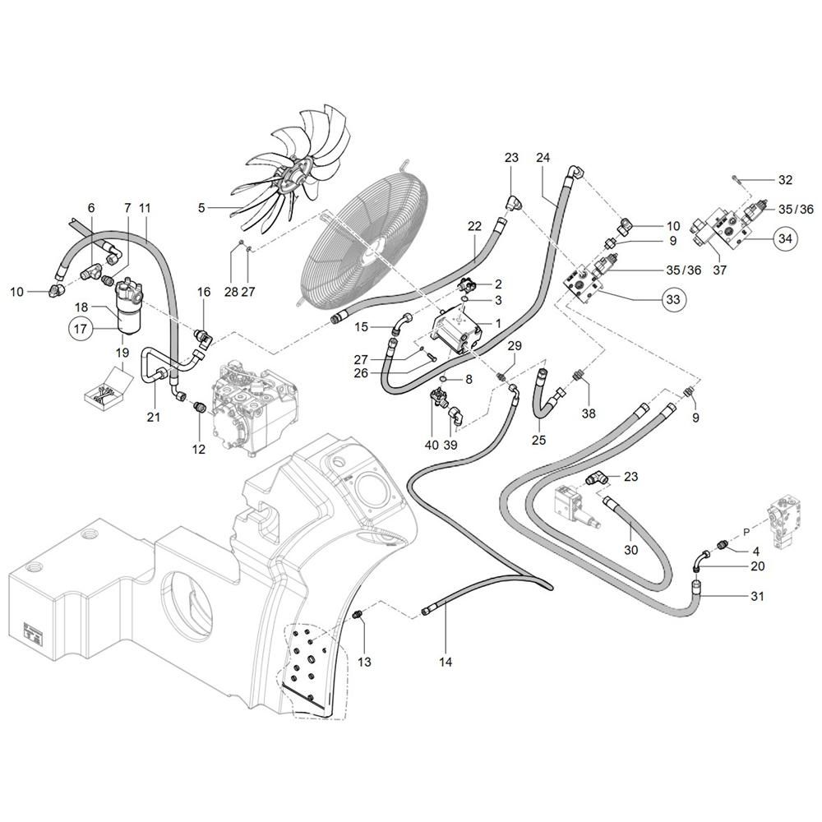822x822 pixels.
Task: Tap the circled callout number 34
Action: click(785, 239)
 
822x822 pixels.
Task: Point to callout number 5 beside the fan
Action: click(201, 209)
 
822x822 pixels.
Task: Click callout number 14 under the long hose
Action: click(446, 661)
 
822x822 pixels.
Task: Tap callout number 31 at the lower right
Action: click(757, 596)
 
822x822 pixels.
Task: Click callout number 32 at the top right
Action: click(785, 180)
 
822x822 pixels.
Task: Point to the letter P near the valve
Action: click(746, 532)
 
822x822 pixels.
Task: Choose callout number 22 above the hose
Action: click(474, 226)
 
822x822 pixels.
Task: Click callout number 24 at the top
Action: click(543, 157)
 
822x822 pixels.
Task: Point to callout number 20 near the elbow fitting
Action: click(757, 566)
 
